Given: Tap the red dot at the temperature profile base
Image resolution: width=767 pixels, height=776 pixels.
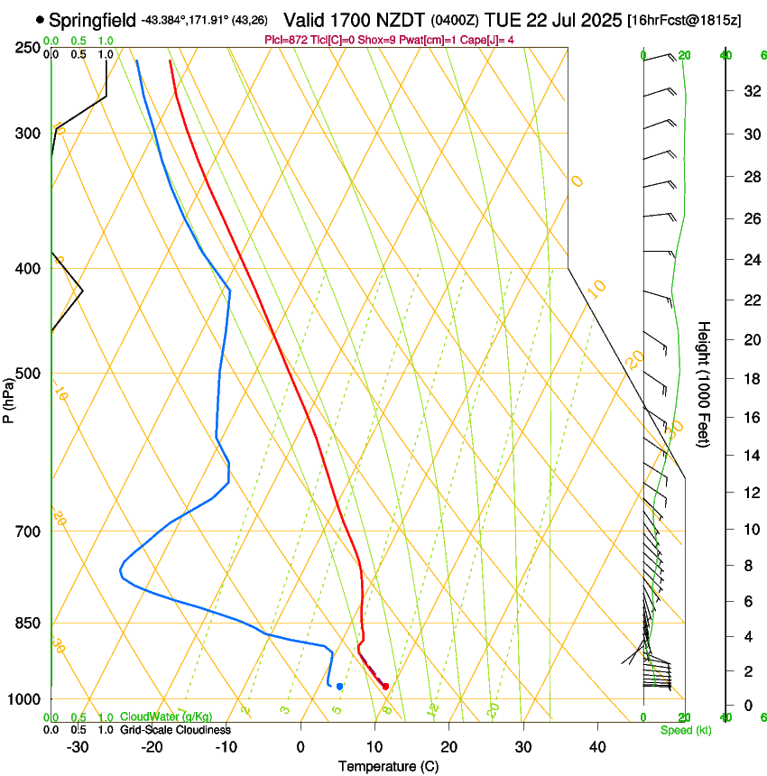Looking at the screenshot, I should pyautogui.click(x=385, y=687).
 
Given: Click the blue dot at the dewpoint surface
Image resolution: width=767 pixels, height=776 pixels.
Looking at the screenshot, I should pyautogui.click(x=339, y=687).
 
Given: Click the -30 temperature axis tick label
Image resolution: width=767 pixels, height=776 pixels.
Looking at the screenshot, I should pyautogui.click(x=78, y=746).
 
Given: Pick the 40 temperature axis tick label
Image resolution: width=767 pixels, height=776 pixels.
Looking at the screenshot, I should pyautogui.click(x=596, y=746).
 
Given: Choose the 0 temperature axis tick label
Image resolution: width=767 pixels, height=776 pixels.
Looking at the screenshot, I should pyautogui.click(x=300, y=746).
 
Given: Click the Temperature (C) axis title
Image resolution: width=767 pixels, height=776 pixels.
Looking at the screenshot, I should pyautogui.click(x=388, y=766).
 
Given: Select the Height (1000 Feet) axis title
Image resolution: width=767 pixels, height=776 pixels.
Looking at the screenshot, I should pyautogui.click(x=705, y=383).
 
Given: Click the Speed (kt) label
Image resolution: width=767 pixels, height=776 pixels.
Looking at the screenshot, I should pyautogui.click(x=680, y=730).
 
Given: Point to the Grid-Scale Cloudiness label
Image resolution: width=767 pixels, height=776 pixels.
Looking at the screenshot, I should pyautogui.click(x=174, y=730).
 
